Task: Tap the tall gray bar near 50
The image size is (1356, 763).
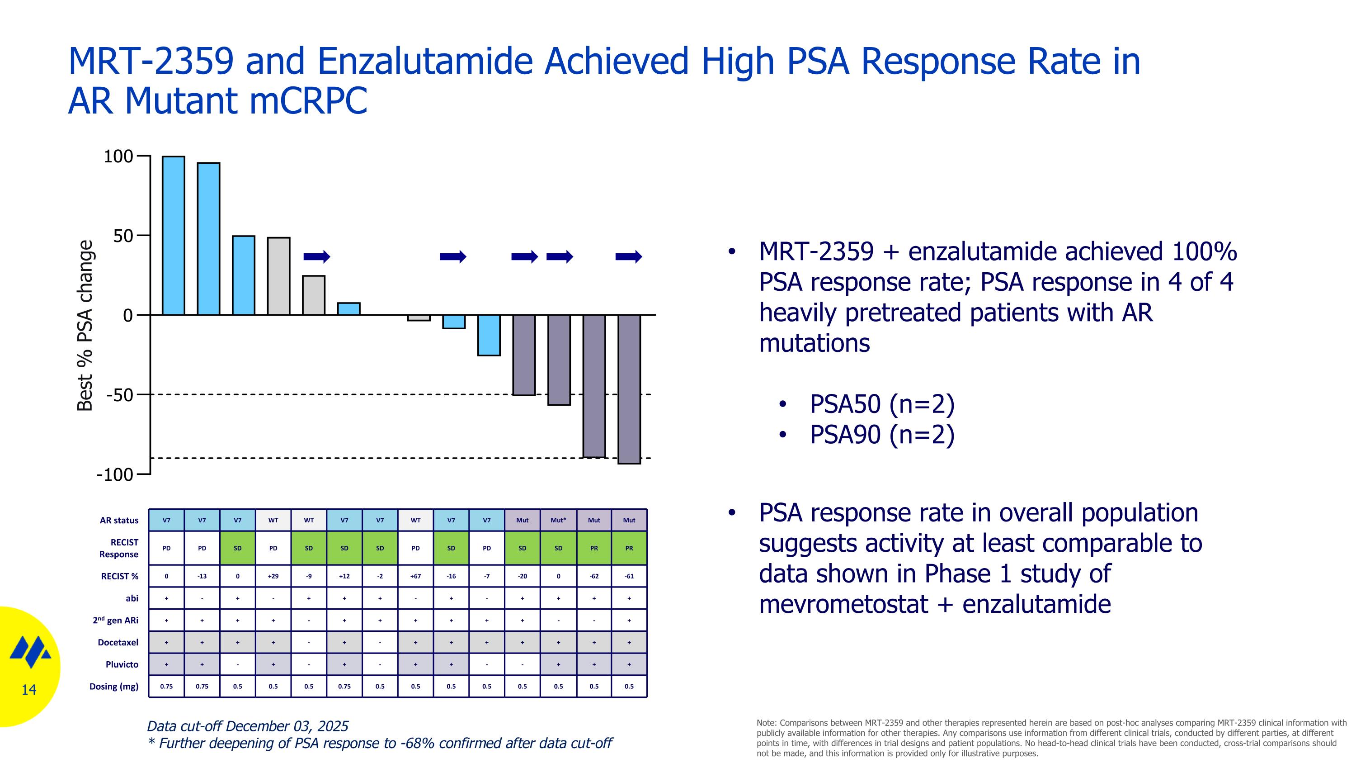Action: click(x=278, y=276)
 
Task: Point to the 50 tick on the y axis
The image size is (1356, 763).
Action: click(x=123, y=236)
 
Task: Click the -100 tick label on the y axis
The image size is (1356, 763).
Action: click(x=115, y=474)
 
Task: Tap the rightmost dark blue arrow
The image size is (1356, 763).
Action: click(x=629, y=256)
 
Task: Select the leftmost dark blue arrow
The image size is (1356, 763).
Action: click(x=316, y=256)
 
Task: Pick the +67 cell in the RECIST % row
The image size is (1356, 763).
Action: click(x=415, y=576)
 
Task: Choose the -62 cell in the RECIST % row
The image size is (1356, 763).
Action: click(x=594, y=576)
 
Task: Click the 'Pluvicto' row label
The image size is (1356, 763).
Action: click(x=122, y=664)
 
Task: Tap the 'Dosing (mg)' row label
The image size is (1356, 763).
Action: click(x=114, y=686)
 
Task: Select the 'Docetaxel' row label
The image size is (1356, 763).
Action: click(x=118, y=642)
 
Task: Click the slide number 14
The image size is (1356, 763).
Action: click(x=28, y=690)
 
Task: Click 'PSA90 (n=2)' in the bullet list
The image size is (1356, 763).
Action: click(x=882, y=435)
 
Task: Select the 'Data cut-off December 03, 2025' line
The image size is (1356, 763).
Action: click(x=247, y=726)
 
